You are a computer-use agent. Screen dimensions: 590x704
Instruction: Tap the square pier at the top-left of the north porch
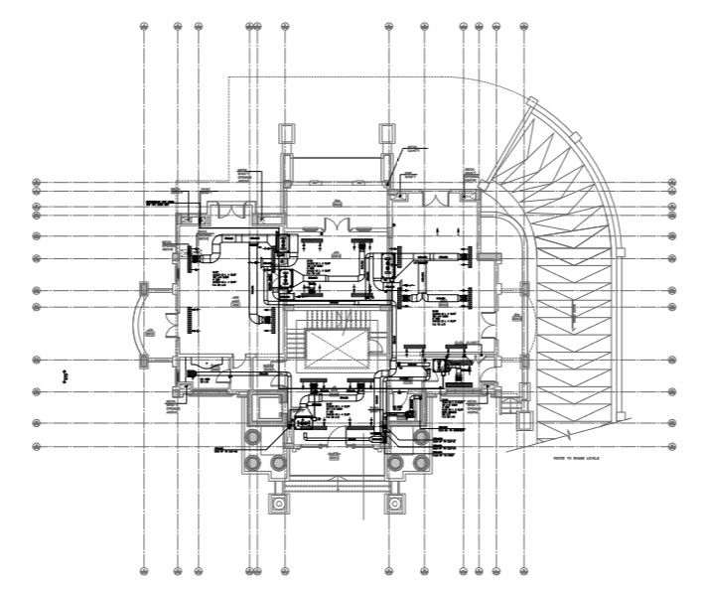(x=286, y=133)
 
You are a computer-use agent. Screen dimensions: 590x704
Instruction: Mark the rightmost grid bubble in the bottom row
(x=523, y=572)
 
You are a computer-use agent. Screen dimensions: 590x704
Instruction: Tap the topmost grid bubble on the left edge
(x=37, y=183)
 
